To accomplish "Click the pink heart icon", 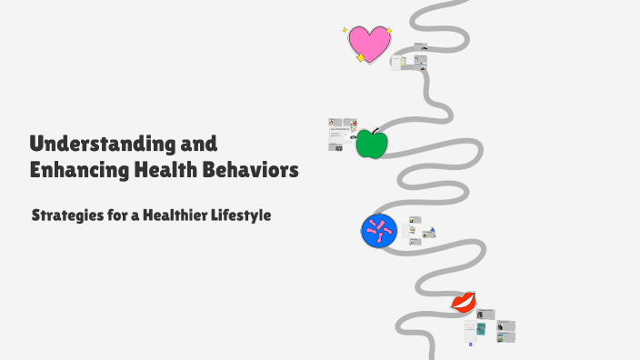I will pyautogui.click(x=369, y=43).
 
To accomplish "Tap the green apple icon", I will pyautogui.click(x=371, y=144).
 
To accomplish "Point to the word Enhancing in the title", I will pyautogui.click(x=77, y=169).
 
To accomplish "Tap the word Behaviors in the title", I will pyautogui.click(x=253, y=169).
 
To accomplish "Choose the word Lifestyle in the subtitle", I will pyautogui.click(x=239, y=216).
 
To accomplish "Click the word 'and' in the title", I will pyautogui.click(x=198, y=144).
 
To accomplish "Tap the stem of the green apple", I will pyautogui.click(x=374, y=131).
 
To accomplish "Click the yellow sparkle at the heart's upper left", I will pyautogui.click(x=345, y=30).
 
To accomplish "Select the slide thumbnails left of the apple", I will pyautogui.click(x=342, y=135).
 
